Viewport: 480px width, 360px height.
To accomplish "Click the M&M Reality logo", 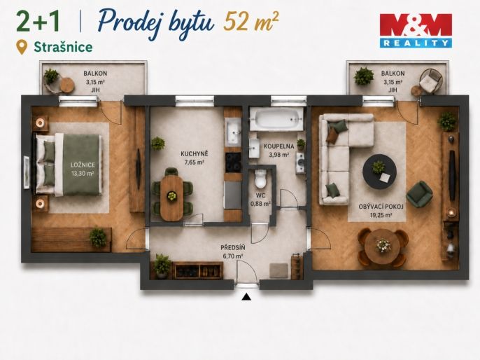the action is click(x=416, y=31).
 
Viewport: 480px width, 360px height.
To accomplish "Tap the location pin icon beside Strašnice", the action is click(x=22, y=48).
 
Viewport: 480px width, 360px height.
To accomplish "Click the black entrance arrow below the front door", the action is click(x=246, y=297).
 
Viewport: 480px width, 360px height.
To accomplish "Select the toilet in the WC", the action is click(x=261, y=179).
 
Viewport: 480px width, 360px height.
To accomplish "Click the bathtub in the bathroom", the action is click(x=276, y=118).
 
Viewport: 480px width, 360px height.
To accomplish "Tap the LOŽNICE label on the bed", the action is click(x=83, y=165).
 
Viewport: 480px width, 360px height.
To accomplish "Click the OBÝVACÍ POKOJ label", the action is click(x=381, y=207).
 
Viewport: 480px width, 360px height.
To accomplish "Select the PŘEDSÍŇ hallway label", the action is click(x=233, y=247).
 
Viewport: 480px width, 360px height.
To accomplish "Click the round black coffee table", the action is click(x=379, y=172).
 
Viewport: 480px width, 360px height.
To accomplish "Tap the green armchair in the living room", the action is click(x=419, y=194).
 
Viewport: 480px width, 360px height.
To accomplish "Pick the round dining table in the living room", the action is click(x=383, y=246).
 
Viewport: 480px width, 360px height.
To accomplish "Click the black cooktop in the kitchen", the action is click(x=233, y=162).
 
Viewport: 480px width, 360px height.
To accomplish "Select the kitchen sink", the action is click(x=233, y=132).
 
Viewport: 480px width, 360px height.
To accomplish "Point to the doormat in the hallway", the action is click(x=278, y=270).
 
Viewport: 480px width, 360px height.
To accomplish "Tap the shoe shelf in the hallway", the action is click(x=197, y=270).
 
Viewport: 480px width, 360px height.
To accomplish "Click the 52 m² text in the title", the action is click(x=251, y=22).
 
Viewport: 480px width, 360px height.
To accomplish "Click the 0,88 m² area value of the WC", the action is click(x=260, y=203).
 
